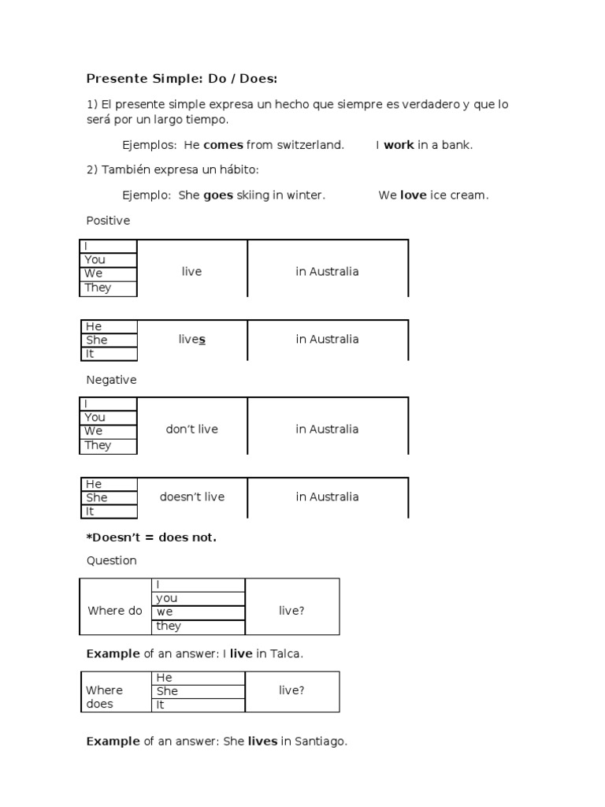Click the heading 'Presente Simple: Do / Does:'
pos(181,79)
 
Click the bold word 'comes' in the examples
pos(223,145)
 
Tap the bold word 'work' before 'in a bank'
pos(399,145)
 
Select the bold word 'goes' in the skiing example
pos(218,195)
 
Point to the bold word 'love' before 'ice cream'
pos(413,195)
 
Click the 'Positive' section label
pos(108,221)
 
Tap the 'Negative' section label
pos(111,380)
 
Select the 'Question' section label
pos(111,561)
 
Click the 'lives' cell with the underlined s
pos(191,340)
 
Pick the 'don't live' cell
pos(191,430)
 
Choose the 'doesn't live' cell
pos(191,497)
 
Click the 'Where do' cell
pos(115,611)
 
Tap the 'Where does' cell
pos(105,697)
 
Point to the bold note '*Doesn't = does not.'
pos(151,537)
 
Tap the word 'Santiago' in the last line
pos(320,742)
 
